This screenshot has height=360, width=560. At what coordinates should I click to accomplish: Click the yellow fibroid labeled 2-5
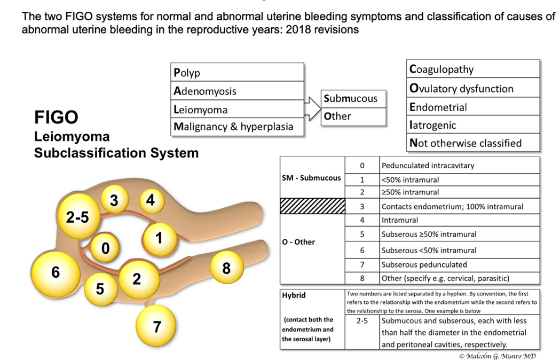[x=78, y=216]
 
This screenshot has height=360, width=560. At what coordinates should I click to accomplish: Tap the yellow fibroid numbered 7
[x=156, y=326]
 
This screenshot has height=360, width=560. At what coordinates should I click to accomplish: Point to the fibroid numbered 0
[x=105, y=247]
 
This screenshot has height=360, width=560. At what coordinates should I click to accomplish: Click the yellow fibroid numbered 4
[x=152, y=201]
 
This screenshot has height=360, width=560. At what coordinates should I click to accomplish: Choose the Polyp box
[x=237, y=72]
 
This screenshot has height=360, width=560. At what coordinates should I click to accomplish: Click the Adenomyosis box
[x=237, y=91]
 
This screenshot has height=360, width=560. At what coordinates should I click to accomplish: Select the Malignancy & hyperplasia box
[x=237, y=127]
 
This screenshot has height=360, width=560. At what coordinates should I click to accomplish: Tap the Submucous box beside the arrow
[x=353, y=99]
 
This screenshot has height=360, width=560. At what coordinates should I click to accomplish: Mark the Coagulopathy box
[x=473, y=69]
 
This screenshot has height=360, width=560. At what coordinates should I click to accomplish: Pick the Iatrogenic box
[x=473, y=124]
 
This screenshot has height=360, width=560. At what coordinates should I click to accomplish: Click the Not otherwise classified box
[x=473, y=143]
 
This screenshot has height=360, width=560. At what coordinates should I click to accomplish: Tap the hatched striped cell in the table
[x=312, y=206]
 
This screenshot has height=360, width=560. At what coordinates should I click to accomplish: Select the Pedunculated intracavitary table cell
[x=460, y=166]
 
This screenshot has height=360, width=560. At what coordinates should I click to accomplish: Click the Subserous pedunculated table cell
[x=460, y=265]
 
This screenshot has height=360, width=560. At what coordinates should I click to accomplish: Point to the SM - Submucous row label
[x=311, y=178]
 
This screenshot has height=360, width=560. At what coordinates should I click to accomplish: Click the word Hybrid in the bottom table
[x=294, y=295]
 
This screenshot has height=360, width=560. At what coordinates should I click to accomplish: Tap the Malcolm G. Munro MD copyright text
[x=498, y=356]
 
